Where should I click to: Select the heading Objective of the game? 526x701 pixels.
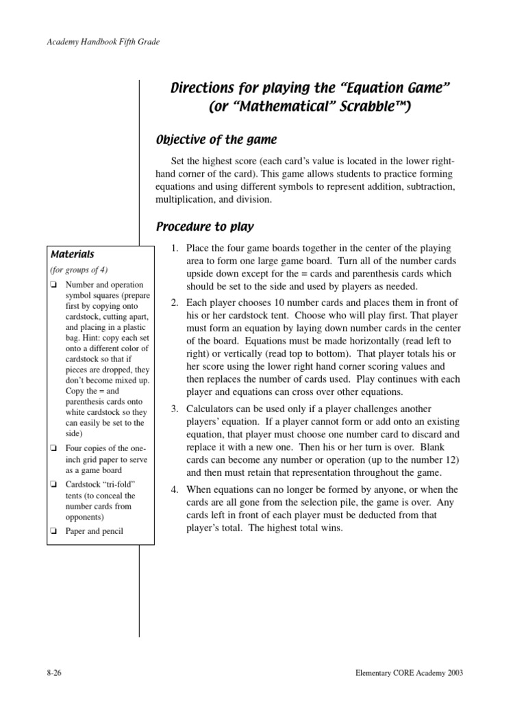click(216, 140)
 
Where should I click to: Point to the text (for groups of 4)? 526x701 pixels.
click(79, 270)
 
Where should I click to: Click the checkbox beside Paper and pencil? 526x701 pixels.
click(53, 532)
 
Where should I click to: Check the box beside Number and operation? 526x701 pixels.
click(53, 285)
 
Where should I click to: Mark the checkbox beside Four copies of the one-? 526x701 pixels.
click(53, 448)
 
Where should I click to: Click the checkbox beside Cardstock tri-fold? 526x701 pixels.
click(53, 484)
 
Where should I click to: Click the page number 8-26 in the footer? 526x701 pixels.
click(54, 673)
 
